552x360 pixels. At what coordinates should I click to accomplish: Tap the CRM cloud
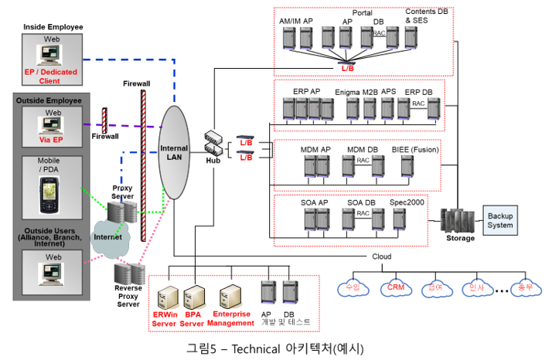coord(397,288)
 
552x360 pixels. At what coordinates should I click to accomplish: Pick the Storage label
coord(461,239)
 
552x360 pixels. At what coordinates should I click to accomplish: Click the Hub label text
coord(214,161)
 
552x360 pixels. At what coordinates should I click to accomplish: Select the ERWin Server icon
coord(164,297)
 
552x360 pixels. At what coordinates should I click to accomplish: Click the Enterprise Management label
coord(230,318)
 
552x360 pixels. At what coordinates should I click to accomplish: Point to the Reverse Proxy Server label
coord(128,297)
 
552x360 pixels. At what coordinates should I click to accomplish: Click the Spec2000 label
coord(405,202)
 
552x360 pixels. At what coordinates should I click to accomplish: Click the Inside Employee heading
coord(53,27)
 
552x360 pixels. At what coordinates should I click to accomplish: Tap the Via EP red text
coord(52,141)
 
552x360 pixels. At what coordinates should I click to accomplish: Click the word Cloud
coord(382,256)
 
